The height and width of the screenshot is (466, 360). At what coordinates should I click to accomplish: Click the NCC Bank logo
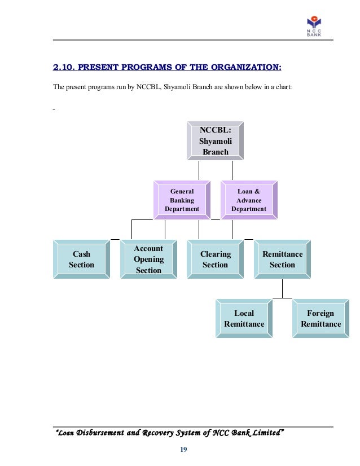[x=314, y=26]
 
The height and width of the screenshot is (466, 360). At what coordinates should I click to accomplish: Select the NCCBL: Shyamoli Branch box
[x=215, y=140]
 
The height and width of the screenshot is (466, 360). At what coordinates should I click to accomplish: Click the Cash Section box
[x=81, y=260]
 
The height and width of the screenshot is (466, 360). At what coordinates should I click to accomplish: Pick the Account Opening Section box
[x=148, y=260]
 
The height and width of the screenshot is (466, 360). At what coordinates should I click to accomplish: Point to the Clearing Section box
[x=215, y=260]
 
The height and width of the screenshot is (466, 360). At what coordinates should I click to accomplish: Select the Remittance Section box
[x=282, y=260]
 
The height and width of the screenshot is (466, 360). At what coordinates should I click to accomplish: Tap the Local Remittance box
[x=244, y=319]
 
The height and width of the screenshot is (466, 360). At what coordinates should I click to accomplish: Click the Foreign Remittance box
[x=321, y=319]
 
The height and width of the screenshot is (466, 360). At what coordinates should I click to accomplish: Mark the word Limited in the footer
[x=265, y=433]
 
